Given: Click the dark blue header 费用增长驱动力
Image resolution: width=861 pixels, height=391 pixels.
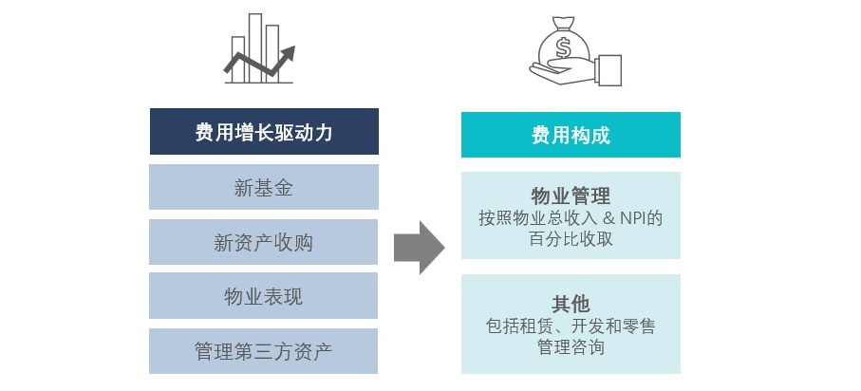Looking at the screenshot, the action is point(264,131).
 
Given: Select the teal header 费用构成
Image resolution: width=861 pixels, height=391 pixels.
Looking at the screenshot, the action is point(571,135).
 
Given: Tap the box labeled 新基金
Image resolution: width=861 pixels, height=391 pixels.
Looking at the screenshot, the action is point(264,187).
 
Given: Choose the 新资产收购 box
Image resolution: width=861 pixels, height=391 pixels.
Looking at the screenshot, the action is point(264,242).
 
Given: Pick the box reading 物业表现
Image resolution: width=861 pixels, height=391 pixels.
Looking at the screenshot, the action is point(264,295).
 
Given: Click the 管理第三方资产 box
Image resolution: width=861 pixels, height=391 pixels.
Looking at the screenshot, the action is point(264,351).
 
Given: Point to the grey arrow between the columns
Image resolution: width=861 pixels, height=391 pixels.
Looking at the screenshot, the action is point(420,247).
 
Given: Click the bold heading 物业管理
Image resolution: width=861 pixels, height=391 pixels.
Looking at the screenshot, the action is point(571,196).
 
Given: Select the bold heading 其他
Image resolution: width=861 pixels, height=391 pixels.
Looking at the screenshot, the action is point(571,304).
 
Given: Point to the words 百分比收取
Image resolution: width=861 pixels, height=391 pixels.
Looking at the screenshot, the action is point(571,239).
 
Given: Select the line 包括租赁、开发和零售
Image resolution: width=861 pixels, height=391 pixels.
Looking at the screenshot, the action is point(571,326).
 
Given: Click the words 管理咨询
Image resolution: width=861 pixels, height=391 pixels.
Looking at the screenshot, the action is point(571,347).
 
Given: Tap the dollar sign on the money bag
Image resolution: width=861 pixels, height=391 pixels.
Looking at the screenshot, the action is point(563,47).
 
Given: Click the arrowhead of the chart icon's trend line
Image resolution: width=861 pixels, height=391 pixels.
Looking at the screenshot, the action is point(288,54).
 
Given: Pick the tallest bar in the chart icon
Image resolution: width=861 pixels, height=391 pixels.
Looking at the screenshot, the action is point(255,47).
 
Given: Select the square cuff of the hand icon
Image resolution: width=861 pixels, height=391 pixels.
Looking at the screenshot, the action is point(608,70).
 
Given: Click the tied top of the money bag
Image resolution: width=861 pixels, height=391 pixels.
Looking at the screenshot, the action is point(563,24).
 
